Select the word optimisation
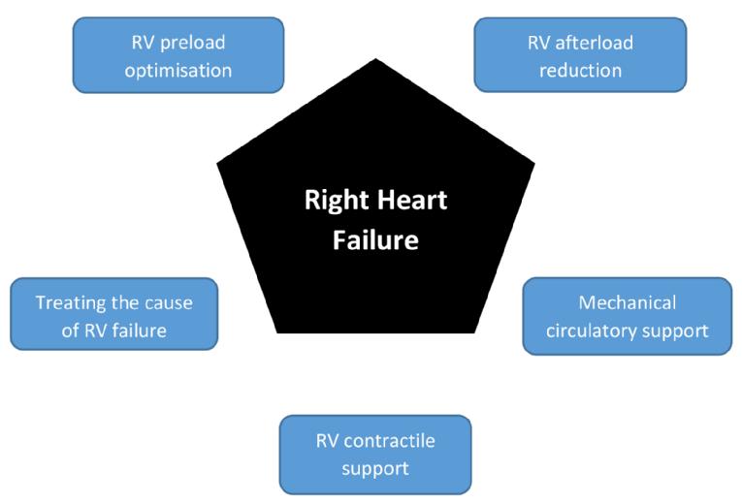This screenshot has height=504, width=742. (177, 70)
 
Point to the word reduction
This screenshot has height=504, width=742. (579, 70)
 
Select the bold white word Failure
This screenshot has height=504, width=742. (375, 238)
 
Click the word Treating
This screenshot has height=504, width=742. (70, 302)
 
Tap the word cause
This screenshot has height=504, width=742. (168, 302)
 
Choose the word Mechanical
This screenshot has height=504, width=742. (627, 302)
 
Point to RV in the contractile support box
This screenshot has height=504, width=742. (328, 441)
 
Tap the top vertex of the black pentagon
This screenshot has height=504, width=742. (374, 83)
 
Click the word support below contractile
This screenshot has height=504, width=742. (375, 468)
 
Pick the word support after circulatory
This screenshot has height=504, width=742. (675, 330)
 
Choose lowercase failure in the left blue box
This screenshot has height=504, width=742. (138, 330)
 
